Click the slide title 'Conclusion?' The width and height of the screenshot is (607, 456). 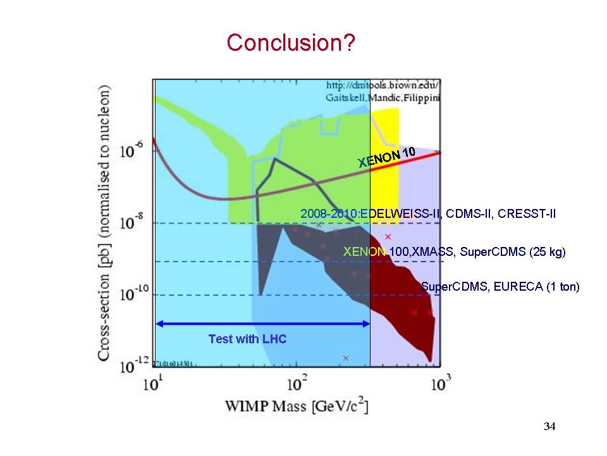(x=291, y=43)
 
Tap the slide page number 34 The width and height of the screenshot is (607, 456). (x=549, y=426)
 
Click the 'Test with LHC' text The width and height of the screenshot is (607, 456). (x=247, y=339)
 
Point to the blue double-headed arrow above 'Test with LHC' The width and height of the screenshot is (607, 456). (x=262, y=324)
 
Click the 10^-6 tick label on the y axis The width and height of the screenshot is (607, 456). (x=134, y=151)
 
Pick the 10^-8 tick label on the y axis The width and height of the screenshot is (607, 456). (x=134, y=223)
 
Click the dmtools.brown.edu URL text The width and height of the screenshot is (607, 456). (x=383, y=85)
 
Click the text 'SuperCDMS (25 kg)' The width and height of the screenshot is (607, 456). (x=512, y=252)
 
